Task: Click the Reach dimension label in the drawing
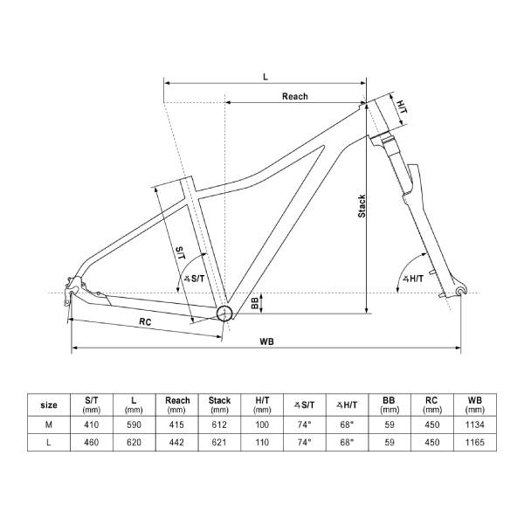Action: pyautogui.click(x=294, y=96)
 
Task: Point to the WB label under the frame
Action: pyautogui.click(x=267, y=341)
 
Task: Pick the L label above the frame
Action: pyautogui.click(x=265, y=76)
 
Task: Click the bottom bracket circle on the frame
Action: pyautogui.click(x=224, y=313)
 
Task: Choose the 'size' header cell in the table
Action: pyautogui.click(x=50, y=404)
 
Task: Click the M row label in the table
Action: pyautogui.click(x=50, y=424)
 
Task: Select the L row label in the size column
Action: pyautogui.click(x=50, y=443)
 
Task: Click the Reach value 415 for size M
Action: pyautogui.click(x=177, y=424)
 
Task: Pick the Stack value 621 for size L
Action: pyautogui.click(x=220, y=443)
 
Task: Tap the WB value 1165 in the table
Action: pyautogui.click(x=474, y=443)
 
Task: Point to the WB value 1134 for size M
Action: pyautogui.click(x=474, y=424)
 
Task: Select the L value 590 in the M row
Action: pyautogui.click(x=134, y=424)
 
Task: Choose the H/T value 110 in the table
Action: pyautogui.click(x=262, y=443)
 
